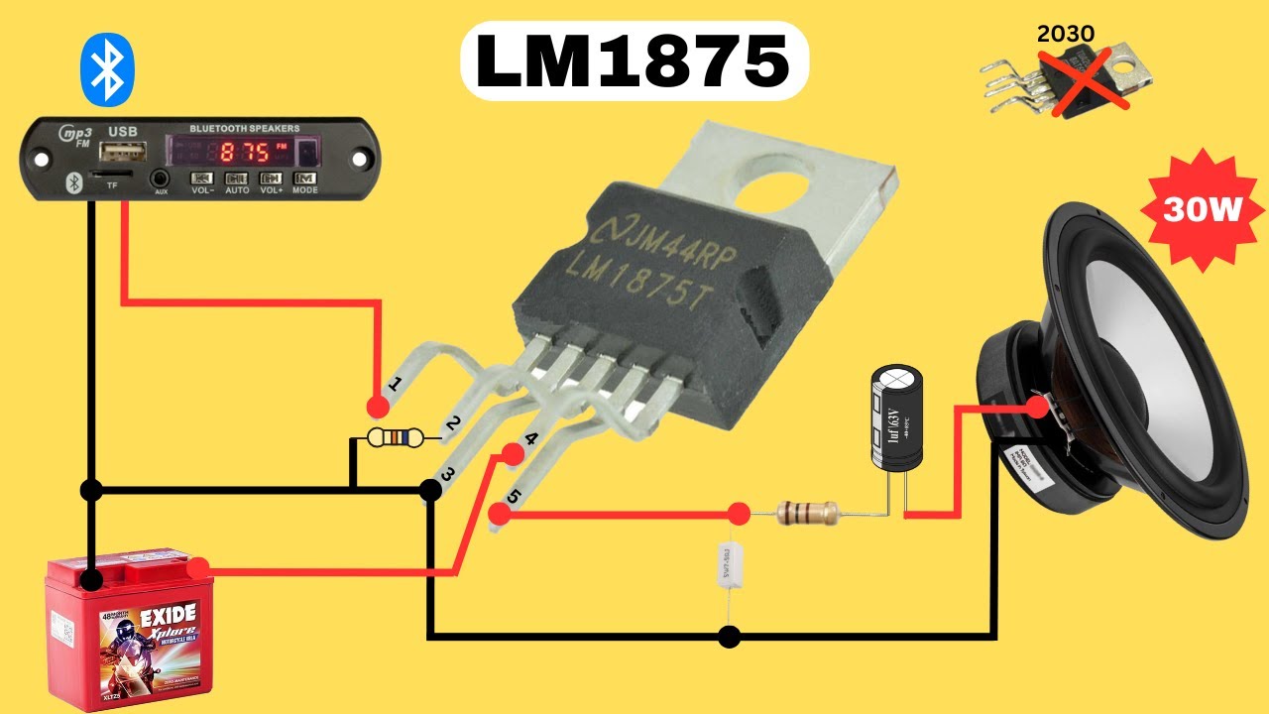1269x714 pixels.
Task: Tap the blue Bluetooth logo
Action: [x=106, y=68]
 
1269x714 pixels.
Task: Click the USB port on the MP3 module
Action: [x=128, y=152]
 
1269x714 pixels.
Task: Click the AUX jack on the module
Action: [x=161, y=179]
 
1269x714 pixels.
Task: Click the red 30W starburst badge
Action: [x=1203, y=209]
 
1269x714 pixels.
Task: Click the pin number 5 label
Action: [x=513, y=496]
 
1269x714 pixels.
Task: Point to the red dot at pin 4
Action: [x=513, y=455]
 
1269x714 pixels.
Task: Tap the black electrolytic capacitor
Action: [x=896, y=416]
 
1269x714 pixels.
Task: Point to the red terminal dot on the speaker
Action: [x=1038, y=406]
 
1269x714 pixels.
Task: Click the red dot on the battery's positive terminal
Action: [x=198, y=568]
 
